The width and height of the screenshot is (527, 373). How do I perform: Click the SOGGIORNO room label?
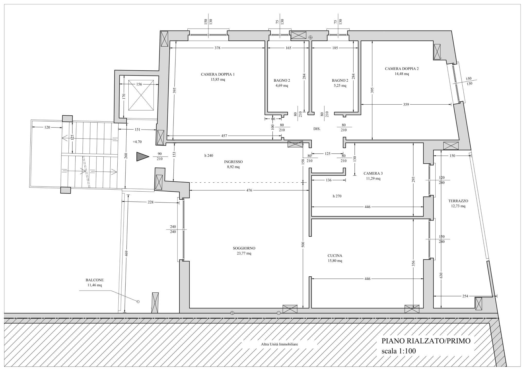[244, 248]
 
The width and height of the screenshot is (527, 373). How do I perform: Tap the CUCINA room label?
[335, 256]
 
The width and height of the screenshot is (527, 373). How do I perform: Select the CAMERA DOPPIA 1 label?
[218, 74]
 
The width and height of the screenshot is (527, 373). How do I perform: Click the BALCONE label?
[95, 280]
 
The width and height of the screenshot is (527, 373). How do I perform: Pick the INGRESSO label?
[233, 162]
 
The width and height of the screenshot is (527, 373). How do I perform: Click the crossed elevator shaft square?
[141, 95]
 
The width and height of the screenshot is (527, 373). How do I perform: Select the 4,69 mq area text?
[282, 86]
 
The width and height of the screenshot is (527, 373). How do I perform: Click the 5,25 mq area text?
[340, 86]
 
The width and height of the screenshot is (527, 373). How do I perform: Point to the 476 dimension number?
[249, 190]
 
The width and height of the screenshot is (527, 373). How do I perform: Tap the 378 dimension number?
[217, 48]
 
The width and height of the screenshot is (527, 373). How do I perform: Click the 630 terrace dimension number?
[441, 275]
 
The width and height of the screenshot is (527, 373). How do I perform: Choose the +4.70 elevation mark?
[137, 142]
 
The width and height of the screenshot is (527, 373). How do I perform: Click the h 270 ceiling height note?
[337, 196]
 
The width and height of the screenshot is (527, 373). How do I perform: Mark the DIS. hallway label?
[317, 129]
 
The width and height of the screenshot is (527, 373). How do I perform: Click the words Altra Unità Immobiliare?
[279, 344]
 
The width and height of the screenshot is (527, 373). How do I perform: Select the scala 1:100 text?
[399, 351]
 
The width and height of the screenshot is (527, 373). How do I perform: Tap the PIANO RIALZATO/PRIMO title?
[426, 341]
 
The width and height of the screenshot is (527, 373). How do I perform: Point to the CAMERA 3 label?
[373, 173]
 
